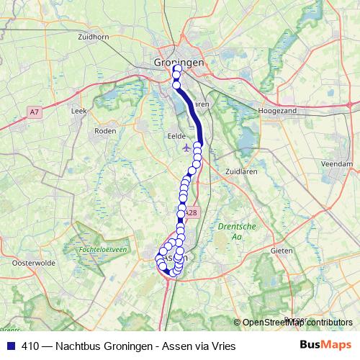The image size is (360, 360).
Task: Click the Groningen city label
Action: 179,63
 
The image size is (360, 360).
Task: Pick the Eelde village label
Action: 176,135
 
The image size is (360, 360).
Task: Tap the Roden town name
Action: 105,131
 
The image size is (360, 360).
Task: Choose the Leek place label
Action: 79,112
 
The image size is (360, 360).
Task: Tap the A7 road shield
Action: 35,111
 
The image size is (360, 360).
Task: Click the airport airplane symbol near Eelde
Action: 187,148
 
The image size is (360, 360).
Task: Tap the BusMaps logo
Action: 325,346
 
